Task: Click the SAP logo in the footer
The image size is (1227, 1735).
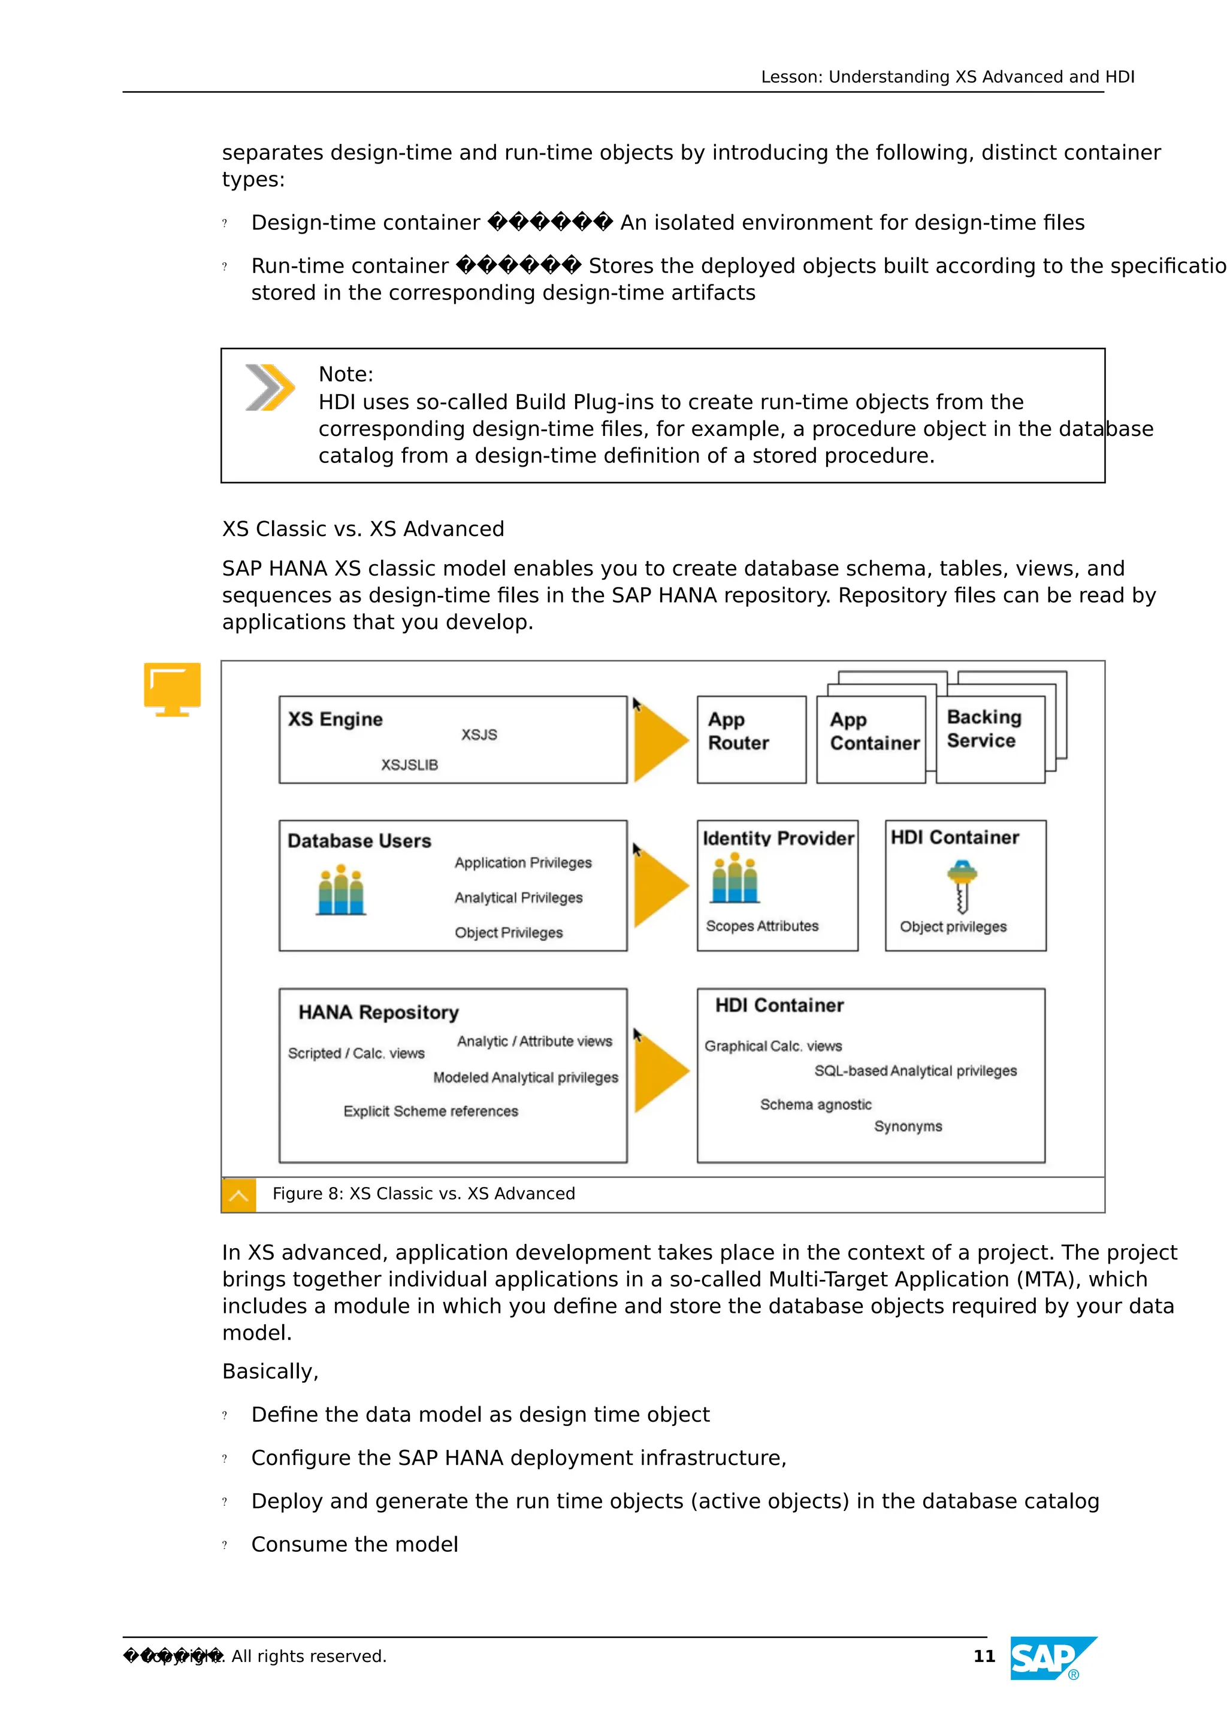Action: (1053, 1658)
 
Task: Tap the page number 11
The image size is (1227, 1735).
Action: (984, 1657)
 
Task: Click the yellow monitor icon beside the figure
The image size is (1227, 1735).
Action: (173, 688)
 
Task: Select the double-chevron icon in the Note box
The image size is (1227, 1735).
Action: (270, 387)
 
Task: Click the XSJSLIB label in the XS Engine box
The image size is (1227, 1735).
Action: (409, 765)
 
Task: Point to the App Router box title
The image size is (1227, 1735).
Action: (738, 731)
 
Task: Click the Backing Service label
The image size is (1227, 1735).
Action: (984, 728)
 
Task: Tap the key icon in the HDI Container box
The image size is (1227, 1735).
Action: (962, 886)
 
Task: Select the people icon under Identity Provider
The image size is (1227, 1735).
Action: (734, 878)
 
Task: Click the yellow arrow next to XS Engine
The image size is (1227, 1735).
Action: (660, 740)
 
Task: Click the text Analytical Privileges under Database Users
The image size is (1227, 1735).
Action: (519, 898)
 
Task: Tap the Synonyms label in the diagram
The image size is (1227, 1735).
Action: (908, 1126)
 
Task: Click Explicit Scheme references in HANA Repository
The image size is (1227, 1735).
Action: (431, 1111)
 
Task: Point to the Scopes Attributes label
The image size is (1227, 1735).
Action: (762, 926)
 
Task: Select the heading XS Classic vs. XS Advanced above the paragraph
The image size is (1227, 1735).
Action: (363, 529)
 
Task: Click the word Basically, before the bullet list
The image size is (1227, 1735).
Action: (270, 1371)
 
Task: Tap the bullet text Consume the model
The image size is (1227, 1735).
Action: (355, 1545)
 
